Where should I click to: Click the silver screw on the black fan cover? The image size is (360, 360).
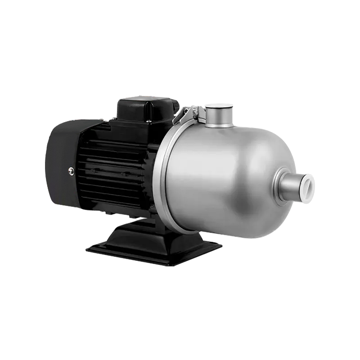point(71,171)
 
